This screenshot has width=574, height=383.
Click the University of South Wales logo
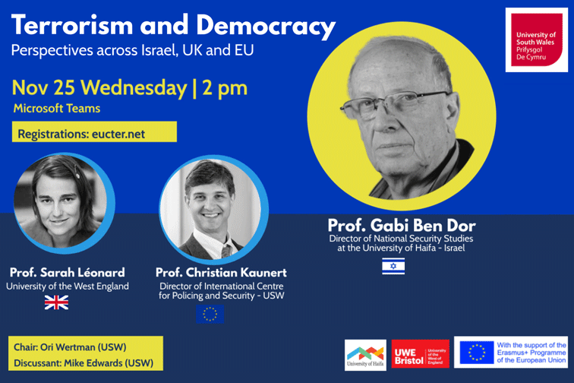(536, 40)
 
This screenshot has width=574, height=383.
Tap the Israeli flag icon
(393, 266)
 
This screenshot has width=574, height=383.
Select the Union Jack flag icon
(56, 302)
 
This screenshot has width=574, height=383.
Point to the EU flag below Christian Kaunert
(210, 314)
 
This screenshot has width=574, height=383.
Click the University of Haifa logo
(365, 355)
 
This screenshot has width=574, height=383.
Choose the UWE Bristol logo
(421, 355)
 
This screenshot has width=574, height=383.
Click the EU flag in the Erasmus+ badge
(477, 352)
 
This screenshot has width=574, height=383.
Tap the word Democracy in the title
(266, 27)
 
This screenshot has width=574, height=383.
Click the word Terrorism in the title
(72, 25)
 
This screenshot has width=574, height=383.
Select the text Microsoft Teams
(57, 109)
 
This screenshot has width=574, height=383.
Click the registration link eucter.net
(118, 135)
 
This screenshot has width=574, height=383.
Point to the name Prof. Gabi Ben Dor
(402, 225)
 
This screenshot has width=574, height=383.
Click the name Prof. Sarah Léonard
(68, 272)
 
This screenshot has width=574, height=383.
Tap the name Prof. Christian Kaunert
(221, 272)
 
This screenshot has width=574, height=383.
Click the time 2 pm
(225, 88)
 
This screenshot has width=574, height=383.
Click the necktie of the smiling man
(226, 251)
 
